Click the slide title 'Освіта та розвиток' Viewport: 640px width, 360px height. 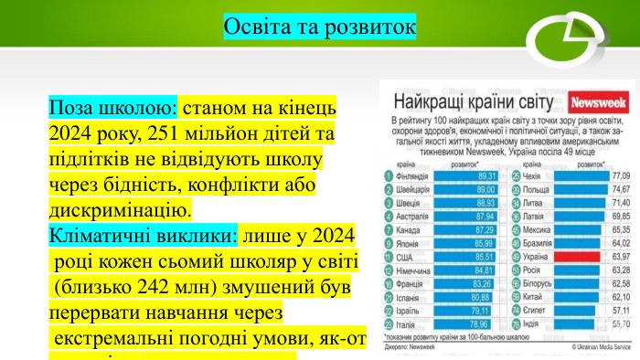319,26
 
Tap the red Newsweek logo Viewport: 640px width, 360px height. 596,101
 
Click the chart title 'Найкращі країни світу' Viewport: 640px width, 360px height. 475,102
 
